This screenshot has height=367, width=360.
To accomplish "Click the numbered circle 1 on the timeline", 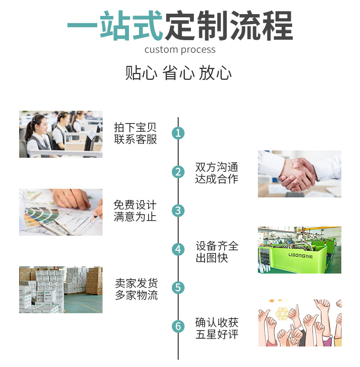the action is (x=178, y=133).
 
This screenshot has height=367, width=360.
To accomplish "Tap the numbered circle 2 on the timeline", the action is (x=178, y=172).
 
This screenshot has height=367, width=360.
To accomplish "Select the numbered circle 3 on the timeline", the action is (x=178, y=211).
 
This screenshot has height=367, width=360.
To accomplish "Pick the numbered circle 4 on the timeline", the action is (x=178, y=249).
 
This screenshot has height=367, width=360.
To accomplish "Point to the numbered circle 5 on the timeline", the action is (x=178, y=288).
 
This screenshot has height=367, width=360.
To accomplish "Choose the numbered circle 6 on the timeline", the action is (x=178, y=326).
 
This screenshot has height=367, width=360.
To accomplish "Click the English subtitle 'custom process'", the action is (x=180, y=50).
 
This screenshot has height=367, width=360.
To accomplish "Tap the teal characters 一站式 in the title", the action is (x=115, y=26).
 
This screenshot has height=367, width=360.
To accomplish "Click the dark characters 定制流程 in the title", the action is (x=228, y=26).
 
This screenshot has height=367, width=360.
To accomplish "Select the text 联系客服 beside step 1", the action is (x=135, y=139).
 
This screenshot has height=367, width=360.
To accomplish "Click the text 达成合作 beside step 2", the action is (x=216, y=179).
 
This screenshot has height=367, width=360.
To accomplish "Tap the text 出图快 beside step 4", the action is (x=211, y=258).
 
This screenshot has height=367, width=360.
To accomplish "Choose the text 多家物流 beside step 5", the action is (x=136, y=295).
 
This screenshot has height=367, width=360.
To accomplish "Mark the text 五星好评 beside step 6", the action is (x=216, y=334).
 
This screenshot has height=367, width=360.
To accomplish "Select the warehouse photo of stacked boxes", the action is (x=61, y=290).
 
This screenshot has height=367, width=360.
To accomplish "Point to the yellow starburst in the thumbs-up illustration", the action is (x=282, y=313).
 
